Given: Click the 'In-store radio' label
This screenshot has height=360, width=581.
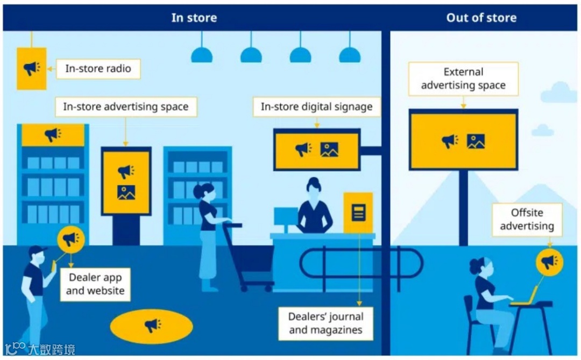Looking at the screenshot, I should pos(98,69).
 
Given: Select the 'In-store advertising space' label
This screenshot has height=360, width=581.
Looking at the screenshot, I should pos(125,107).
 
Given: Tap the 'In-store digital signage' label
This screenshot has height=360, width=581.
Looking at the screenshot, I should pos(316,107).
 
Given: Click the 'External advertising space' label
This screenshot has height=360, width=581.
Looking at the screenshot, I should pos(463,79).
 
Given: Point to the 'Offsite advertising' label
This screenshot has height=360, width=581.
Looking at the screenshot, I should pos(527,220).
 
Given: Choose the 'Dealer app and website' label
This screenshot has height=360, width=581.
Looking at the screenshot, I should pos(95,284).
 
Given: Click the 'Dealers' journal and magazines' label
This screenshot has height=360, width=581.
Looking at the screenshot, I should pos(325,323).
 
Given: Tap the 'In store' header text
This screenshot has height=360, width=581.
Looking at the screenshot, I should pos(194,18).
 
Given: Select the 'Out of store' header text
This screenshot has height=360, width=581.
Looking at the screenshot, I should pos(481,18).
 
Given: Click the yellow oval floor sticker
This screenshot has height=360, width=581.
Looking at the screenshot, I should pos(151,325).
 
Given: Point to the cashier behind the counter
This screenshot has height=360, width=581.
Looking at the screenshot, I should pos(314,210).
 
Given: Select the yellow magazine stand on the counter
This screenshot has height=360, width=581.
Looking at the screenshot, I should pos(358,213).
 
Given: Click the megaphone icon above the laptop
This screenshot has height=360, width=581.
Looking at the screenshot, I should pos(549,262).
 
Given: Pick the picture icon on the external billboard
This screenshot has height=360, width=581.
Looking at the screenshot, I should pos(476,141).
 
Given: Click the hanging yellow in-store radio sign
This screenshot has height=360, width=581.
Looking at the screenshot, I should pos(31,68).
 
